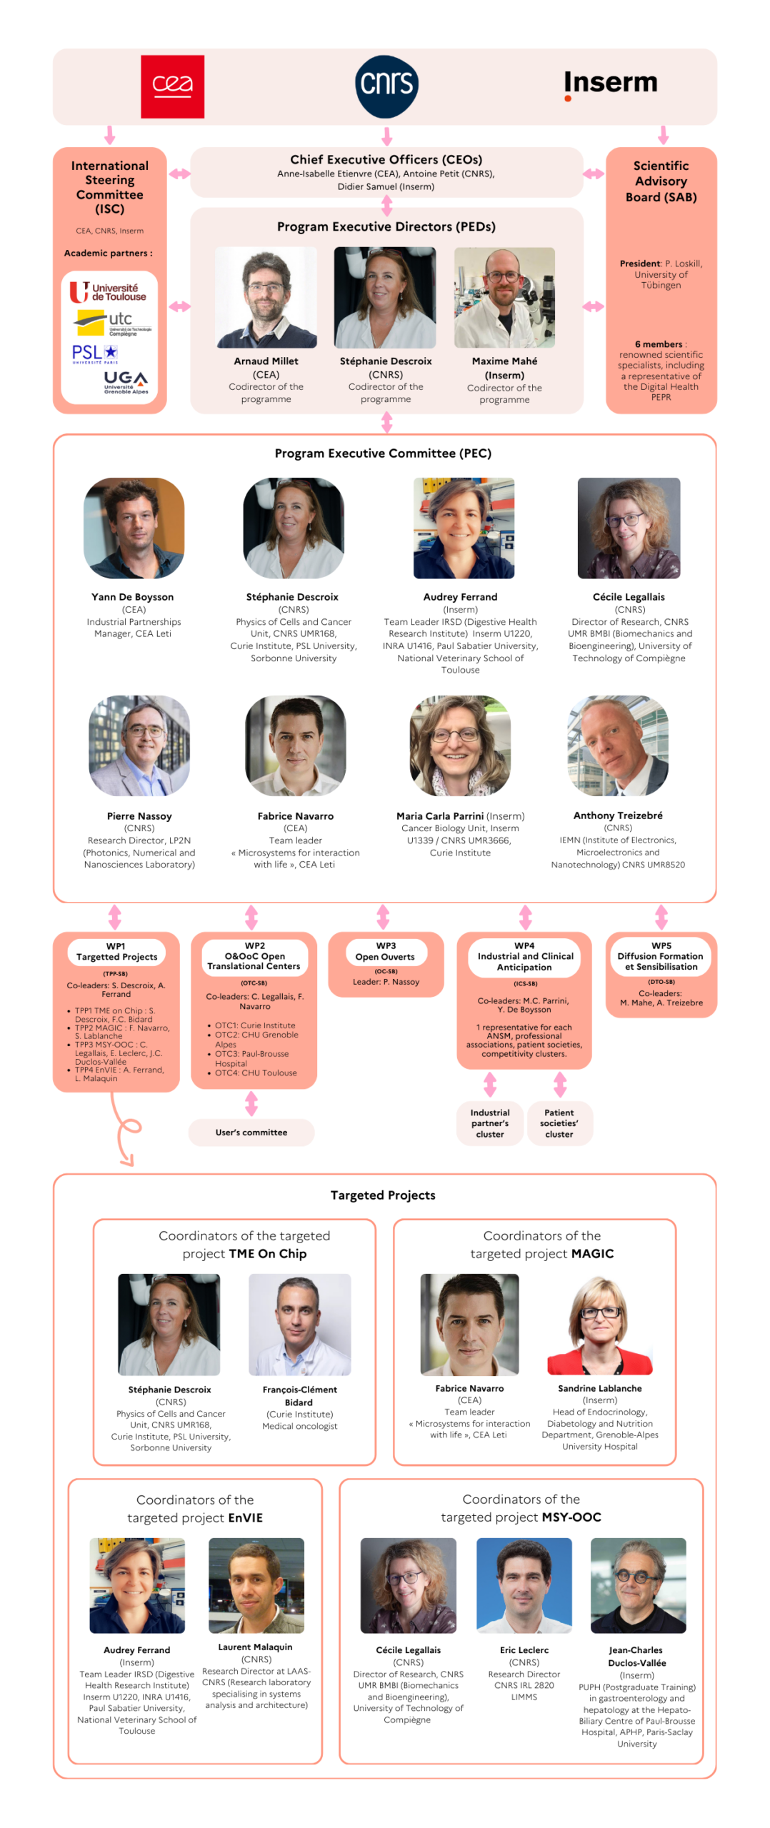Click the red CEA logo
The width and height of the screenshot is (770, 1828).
click(x=172, y=86)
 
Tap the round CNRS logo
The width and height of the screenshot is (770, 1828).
click(x=386, y=86)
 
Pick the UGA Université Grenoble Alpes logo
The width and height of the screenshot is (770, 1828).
click(x=126, y=381)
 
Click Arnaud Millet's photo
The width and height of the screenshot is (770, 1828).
click(x=266, y=297)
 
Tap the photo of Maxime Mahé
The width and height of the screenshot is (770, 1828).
click(x=504, y=297)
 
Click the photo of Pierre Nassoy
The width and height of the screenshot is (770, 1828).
click(x=139, y=745)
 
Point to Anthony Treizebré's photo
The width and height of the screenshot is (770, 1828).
click(x=618, y=745)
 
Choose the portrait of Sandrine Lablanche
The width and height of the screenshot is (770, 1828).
click(x=599, y=1323)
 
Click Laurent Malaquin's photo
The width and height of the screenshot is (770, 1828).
click(x=256, y=1585)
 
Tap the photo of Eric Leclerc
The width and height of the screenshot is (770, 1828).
click(x=524, y=1585)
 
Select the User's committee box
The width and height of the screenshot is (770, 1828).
click(x=251, y=1131)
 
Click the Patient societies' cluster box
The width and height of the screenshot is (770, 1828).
click(x=559, y=1123)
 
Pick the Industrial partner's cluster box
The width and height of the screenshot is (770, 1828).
click(x=489, y=1123)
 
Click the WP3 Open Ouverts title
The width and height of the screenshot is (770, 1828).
click(x=385, y=950)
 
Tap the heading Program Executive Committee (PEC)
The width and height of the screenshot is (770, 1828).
click(x=383, y=453)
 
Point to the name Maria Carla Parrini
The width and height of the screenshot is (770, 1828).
click(x=439, y=815)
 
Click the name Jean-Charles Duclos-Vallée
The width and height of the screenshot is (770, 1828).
click(x=636, y=1655)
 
